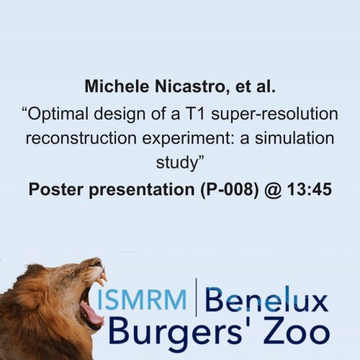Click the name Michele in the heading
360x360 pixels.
117,86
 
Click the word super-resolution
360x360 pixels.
275,114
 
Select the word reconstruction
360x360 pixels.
81,139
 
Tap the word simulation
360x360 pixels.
294,138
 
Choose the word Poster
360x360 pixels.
57,189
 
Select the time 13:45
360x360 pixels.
310,189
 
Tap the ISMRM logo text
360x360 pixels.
142,300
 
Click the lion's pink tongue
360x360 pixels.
91,312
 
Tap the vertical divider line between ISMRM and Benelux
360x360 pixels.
197,297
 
